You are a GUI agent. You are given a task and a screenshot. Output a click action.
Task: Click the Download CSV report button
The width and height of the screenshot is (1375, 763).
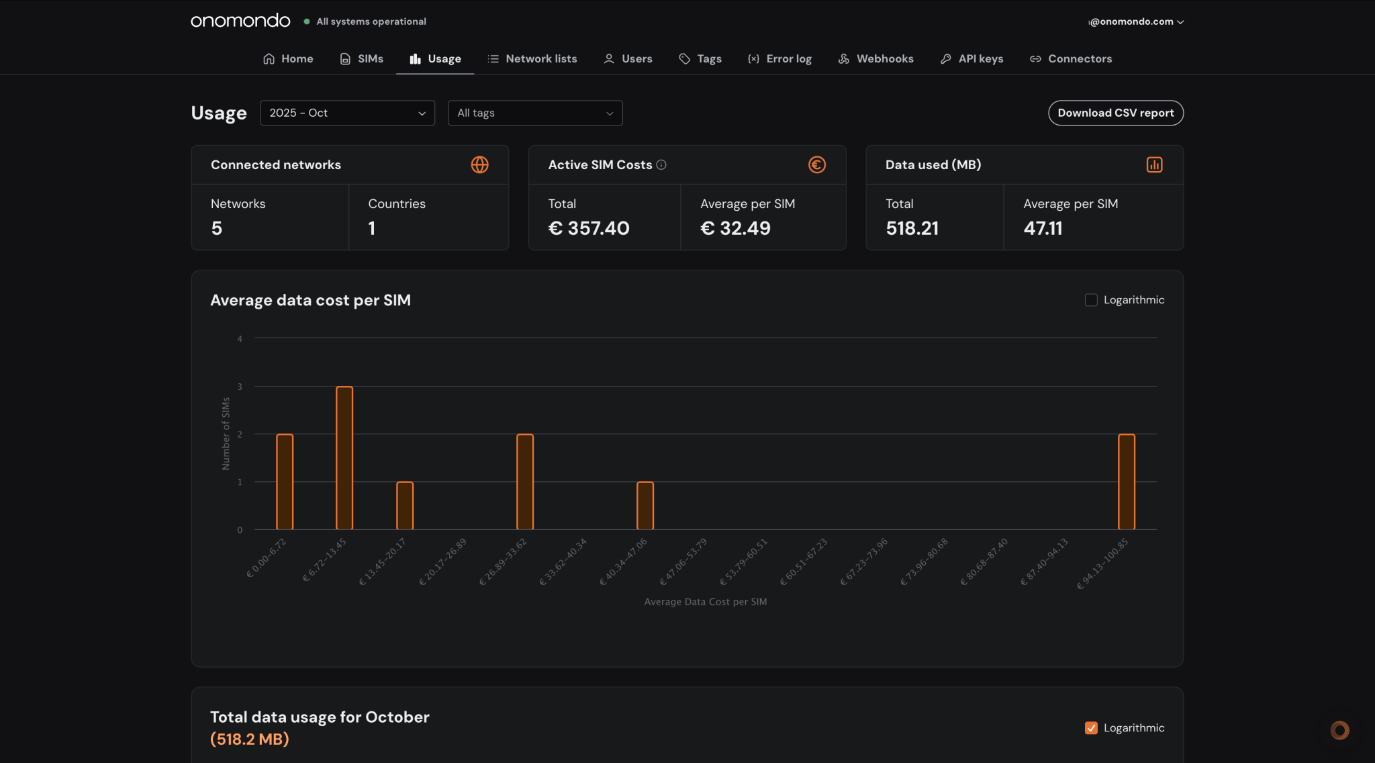click(x=1115, y=113)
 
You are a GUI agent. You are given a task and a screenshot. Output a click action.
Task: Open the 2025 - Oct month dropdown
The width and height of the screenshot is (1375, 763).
click(x=347, y=113)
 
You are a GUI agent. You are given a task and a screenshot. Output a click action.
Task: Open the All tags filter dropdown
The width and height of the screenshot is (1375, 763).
click(x=534, y=113)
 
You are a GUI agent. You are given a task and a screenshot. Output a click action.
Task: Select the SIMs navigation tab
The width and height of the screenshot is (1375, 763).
click(x=362, y=59)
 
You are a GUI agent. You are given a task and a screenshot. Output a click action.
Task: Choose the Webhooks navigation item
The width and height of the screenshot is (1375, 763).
click(x=875, y=59)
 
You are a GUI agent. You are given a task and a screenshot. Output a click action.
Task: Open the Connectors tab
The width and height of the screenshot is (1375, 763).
click(x=1071, y=59)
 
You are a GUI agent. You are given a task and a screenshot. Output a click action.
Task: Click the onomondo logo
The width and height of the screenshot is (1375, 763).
click(x=240, y=21)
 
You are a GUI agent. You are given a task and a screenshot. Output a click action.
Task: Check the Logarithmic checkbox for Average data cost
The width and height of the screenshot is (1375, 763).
click(x=1091, y=300)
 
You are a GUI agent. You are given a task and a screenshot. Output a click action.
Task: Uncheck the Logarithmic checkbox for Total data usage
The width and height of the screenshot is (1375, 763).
click(x=1091, y=728)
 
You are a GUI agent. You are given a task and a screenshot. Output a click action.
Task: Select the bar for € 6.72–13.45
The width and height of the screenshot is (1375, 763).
click(x=344, y=458)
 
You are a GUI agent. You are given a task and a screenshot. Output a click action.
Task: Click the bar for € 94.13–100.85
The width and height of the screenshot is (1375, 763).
click(x=1126, y=482)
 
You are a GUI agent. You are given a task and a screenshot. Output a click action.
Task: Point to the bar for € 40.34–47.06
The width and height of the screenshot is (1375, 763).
click(x=645, y=505)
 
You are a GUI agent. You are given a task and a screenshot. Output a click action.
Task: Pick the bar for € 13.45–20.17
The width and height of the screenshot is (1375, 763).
click(x=405, y=505)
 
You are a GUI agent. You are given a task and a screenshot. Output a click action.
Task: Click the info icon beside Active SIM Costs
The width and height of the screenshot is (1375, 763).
click(x=661, y=165)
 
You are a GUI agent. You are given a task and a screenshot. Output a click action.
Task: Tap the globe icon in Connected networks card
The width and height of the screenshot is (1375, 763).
click(x=479, y=165)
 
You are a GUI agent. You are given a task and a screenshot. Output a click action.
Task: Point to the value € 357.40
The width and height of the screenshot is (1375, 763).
click(x=589, y=228)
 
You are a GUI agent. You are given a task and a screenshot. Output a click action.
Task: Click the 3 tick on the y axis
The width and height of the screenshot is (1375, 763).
click(x=240, y=387)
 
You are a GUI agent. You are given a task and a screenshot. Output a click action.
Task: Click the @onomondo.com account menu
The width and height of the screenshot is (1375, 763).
click(x=1135, y=21)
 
